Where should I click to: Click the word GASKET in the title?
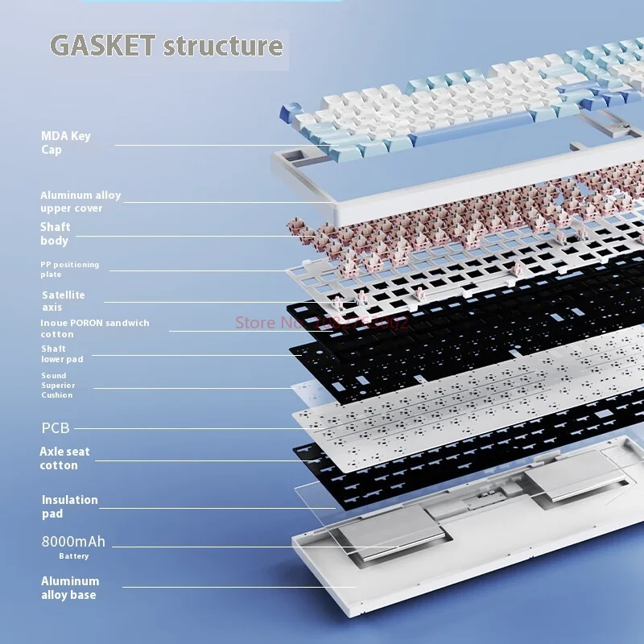click(x=103, y=45)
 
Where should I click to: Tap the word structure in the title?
click(x=223, y=45)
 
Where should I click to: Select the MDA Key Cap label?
click(x=66, y=142)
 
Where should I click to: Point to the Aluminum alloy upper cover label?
click(x=80, y=201)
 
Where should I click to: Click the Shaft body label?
click(x=55, y=233)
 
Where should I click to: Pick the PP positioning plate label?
click(x=70, y=269)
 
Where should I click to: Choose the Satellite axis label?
click(x=63, y=300)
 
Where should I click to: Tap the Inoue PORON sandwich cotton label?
click(x=94, y=328)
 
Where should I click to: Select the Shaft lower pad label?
click(x=62, y=353)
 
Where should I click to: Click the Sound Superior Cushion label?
click(x=58, y=385)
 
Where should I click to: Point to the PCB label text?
click(x=56, y=427)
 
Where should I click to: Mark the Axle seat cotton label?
click(x=64, y=458)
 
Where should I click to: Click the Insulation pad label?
click(x=69, y=506)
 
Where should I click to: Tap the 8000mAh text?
click(x=73, y=542)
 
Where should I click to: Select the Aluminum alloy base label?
click(x=70, y=588)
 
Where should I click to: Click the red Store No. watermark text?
click(x=322, y=322)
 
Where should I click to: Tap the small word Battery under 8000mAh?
click(x=73, y=556)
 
